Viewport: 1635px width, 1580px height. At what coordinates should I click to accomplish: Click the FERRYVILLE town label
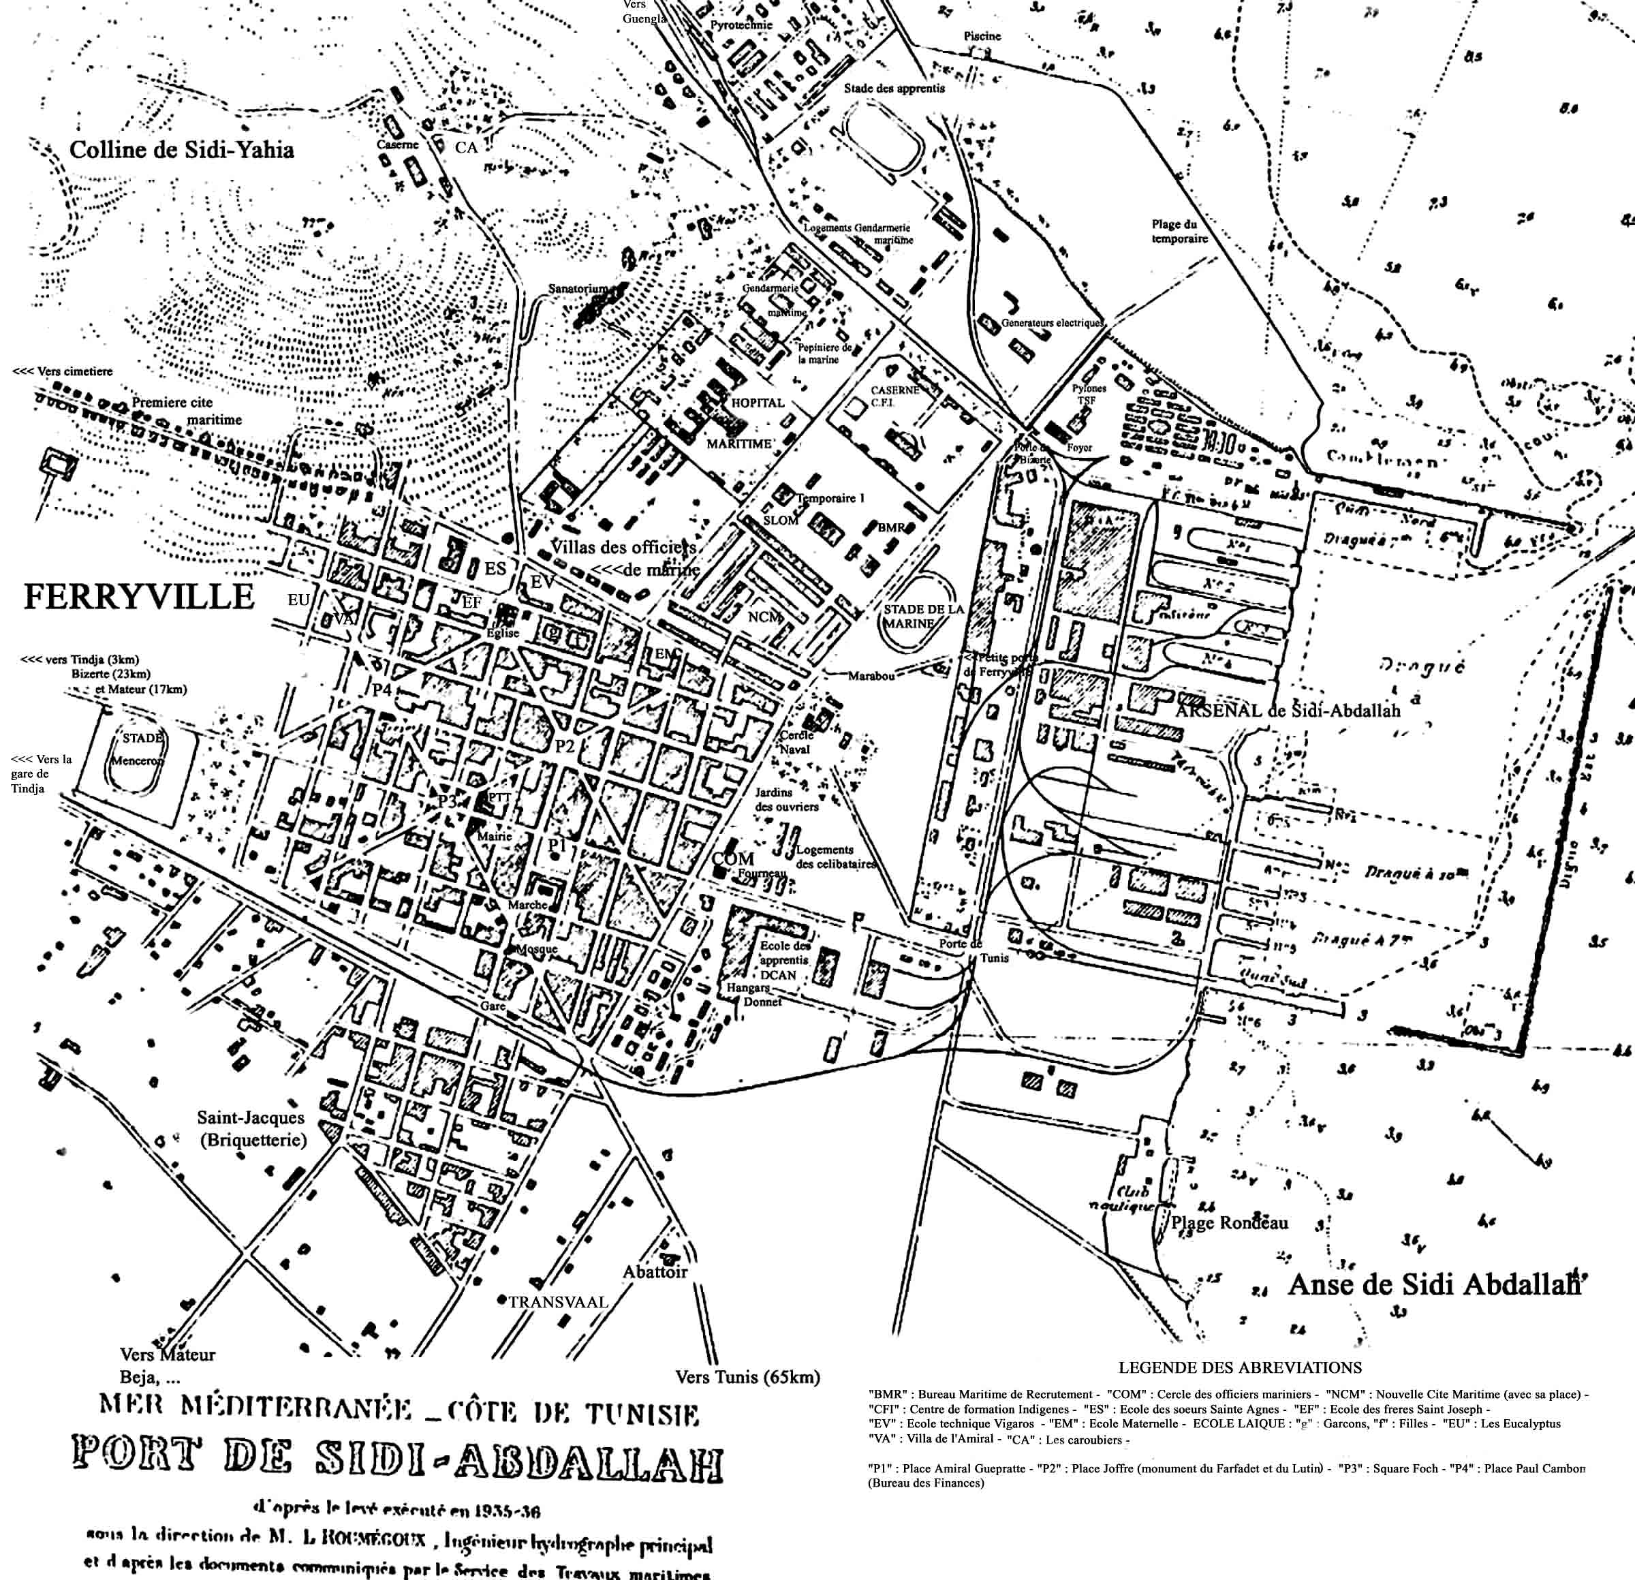pyautogui.click(x=138, y=598)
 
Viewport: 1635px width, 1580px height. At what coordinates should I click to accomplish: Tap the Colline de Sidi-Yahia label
pyautogui.click(x=182, y=150)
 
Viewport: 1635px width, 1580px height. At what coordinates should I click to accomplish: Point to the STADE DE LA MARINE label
pyautogui.click(x=924, y=616)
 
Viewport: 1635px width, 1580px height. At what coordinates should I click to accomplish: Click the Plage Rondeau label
pyautogui.click(x=1230, y=1223)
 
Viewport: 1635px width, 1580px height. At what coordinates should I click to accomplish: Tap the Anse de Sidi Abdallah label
pyautogui.click(x=1435, y=1285)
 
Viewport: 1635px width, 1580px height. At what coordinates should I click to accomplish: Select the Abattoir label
pyautogui.click(x=655, y=1271)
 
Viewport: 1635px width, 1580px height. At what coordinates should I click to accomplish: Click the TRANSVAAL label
pyautogui.click(x=558, y=1301)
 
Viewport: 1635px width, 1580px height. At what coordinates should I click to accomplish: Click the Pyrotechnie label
pyautogui.click(x=742, y=25)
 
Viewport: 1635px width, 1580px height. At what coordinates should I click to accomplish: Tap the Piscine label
pyautogui.click(x=982, y=37)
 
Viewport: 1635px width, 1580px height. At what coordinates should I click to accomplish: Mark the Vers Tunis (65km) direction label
pyautogui.click(x=747, y=1377)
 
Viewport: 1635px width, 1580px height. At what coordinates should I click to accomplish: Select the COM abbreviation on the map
pyautogui.click(x=733, y=859)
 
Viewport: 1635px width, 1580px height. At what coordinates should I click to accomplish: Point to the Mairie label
pyautogui.click(x=494, y=835)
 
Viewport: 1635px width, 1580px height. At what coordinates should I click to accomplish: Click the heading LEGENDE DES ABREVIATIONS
pyautogui.click(x=1240, y=1367)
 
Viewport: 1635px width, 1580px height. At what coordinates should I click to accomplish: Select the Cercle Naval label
pyautogui.click(x=795, y=743)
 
